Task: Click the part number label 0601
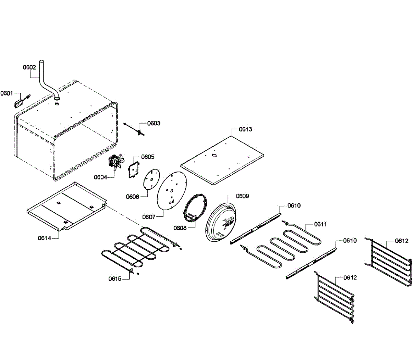[x=7, y=93]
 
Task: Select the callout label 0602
[x=29, y=67]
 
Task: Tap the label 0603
[x=154, y=123]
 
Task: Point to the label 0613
[x=246, y=129]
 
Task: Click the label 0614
[x=45, y=238]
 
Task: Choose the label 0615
[x=115, y=279]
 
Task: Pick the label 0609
[x=242, y=196]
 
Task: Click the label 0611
[x=321, y=224]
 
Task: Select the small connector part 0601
[x=19, y=102]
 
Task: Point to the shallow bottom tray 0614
[x=66, y=207]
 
